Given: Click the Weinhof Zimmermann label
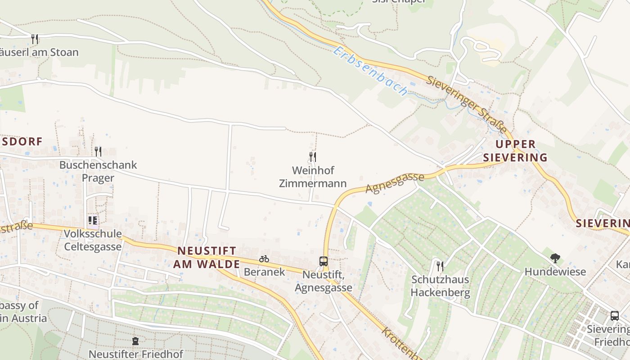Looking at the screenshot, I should tap(313, 177).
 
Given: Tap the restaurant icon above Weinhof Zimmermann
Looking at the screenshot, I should tap(313, 157).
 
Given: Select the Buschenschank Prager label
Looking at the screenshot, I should tap(98, 171).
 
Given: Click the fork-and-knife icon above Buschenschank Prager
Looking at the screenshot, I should tap(98, 151).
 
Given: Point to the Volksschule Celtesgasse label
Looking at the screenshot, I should tap(93, 240).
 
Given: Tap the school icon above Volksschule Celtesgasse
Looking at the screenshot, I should tap(93, 220).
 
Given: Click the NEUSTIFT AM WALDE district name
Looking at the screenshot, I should tap(207, 257).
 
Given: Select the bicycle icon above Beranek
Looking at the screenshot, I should tap(264, 259).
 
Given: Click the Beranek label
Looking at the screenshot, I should tap(264, 272).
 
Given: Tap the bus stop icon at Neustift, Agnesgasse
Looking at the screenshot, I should tap(324, 261).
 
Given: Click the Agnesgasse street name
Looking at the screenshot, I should tap(395, 182).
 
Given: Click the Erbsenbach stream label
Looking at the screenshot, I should tap(370, 71).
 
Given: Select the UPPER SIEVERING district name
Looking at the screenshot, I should tap(515, 151).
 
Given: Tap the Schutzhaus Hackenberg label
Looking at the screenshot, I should tap(441, 286).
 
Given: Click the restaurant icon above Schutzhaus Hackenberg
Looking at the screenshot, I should tap(440, 266).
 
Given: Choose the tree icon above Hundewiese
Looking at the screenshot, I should tap(555, 258).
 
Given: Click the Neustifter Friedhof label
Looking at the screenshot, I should tap(136, 354).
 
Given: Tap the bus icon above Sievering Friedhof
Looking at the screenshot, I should tap(615, 315).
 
